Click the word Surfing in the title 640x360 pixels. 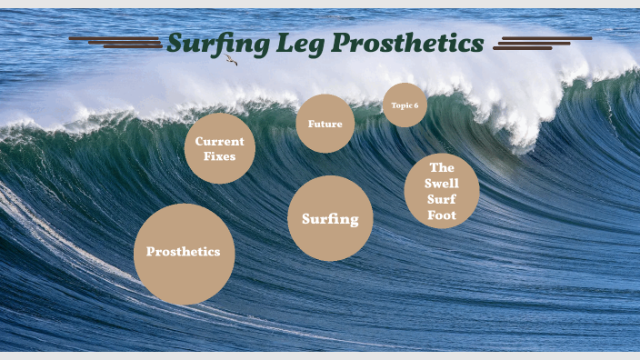click(x=215, y=43)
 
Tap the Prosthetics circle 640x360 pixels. click(x=184, y=254)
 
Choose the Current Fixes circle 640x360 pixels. click(x=220, y=148)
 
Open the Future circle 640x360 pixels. click(x=325, y=124)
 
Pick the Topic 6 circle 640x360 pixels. click(x=405, y=105)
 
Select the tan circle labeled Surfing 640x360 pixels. click(x=330, y=218)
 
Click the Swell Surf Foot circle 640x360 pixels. click(x=442, y=191)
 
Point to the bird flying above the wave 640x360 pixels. click(x=231, y=60)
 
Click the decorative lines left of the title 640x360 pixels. click(x=115, y=42)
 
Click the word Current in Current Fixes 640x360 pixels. click(x=220, y=141)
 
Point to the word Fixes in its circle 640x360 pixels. click(x=220, y=156)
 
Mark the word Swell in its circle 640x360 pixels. click(x=442, y=184)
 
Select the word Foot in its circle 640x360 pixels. click(x=442, y=216)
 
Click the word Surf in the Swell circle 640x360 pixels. click(x=442, y=200)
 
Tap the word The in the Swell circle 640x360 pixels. click(x=442, y=167)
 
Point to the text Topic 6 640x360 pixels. click(x=405, y=105)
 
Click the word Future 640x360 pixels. click(x=325, y=124)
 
